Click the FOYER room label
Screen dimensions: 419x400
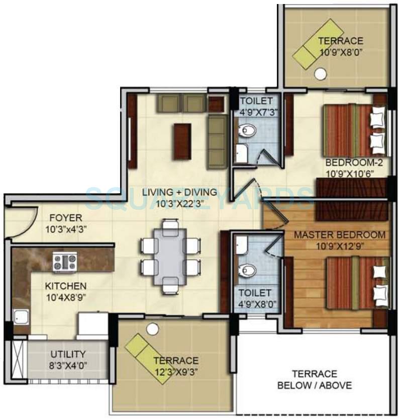pos(65,218)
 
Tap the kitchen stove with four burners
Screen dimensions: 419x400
pos(65,262)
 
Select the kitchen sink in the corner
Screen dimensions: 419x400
pos(21,317)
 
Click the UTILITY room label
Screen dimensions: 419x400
pos(68,354)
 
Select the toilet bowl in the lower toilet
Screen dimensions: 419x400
pos(247,270)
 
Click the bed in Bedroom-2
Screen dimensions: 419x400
pos(354,130)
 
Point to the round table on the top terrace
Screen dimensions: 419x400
pos(320,74)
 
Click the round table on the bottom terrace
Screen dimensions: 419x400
pos(153,329)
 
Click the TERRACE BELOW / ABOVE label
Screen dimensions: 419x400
pos(315,380)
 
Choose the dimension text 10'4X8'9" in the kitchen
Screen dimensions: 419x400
pos(65,296)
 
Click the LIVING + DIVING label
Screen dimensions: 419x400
pos(179,192)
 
